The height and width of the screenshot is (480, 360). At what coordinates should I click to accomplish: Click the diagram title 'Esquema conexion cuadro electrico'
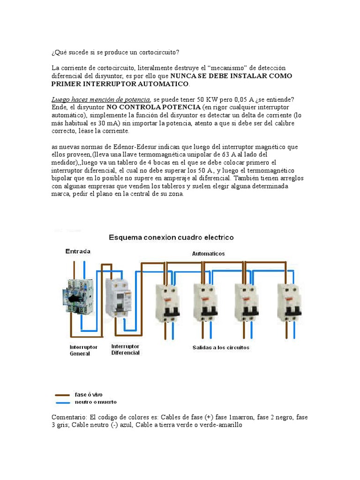coord(171,237)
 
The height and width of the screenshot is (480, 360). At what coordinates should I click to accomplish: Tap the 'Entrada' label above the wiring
coord(78,251)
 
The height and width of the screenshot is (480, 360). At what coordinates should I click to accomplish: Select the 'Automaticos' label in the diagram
coord(208,254)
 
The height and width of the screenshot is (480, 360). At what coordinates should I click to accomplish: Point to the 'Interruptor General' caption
coord(83,350)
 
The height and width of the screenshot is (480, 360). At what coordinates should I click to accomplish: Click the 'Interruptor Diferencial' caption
coord(125,349)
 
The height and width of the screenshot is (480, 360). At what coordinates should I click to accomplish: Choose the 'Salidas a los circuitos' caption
coord(221,347)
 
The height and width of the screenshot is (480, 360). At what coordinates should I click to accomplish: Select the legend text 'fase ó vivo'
coord(89,395)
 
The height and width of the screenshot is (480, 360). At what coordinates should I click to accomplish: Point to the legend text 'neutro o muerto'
coord(96,402)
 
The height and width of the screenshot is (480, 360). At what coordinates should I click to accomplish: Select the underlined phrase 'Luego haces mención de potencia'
coord(101,99)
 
